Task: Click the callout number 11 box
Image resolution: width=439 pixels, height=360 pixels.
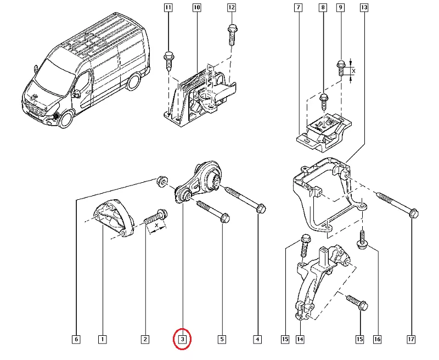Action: click(x=168, y=8)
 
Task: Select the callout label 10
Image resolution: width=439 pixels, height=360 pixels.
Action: click(x=197, y=8)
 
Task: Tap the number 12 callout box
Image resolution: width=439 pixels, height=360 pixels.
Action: click(x=231, y=8)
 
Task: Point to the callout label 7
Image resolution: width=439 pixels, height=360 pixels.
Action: click(x=297, y=8)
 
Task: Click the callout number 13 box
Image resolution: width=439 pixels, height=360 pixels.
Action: click(x=364, y=8)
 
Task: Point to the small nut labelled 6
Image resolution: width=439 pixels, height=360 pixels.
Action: click(x=161, y=180)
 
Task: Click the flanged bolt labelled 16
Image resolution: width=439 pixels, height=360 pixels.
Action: click(x=362, y=240)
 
